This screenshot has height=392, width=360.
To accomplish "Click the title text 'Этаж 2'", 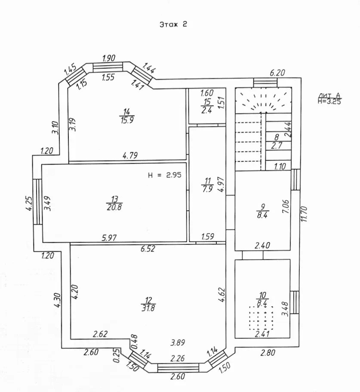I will (173, 25).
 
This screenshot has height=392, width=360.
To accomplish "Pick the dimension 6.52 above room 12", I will (148, 248).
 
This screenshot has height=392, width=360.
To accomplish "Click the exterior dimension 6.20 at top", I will (277, 73).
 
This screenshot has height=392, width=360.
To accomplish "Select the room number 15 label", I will (207, 102).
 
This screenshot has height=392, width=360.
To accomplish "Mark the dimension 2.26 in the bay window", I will (178, 358).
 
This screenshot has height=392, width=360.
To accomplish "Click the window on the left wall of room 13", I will (37, 202).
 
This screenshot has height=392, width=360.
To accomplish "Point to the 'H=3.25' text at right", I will (330, 102).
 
